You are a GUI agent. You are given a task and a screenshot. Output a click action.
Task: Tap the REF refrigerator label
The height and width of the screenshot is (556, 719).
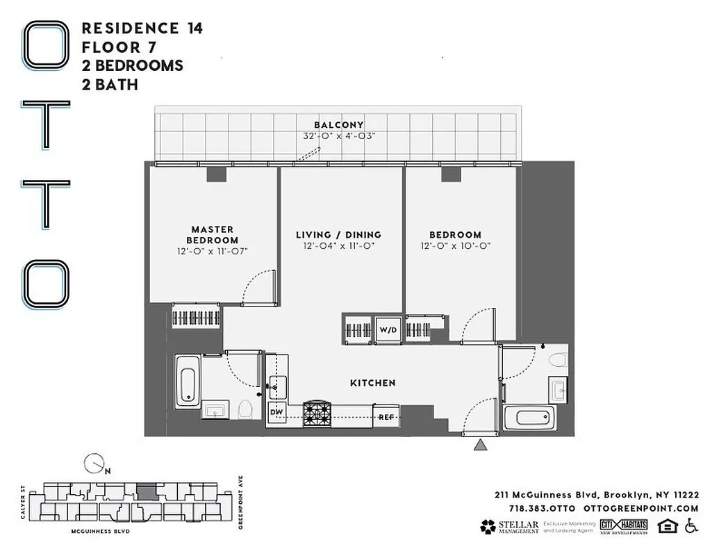pyautogui.click(x=386, y=417)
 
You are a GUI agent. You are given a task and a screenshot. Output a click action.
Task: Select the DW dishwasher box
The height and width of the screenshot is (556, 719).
pyautogui.click(x=276, y=411)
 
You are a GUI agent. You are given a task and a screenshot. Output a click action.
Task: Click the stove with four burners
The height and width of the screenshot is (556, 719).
pyautogui.click(x=318, y=415)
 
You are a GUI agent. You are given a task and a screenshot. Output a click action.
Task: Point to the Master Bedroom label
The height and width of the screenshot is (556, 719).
pyautogui.click(x=213, y=234)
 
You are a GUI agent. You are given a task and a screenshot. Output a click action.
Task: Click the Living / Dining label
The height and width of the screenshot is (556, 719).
pyautogui.click(x=338, y=235)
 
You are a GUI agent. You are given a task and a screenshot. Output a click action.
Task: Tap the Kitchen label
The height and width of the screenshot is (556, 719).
pyautogui.click(x=372, y=383)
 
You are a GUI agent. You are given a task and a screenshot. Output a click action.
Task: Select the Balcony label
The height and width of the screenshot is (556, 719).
pyautogui.click(x=338, y=125)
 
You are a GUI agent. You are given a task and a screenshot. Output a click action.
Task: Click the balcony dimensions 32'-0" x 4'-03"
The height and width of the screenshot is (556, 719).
pyautogui.click(x=339, y=136)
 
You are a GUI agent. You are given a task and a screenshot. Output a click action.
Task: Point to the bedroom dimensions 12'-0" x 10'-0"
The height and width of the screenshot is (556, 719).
pyautogui.click(x=455, y=246)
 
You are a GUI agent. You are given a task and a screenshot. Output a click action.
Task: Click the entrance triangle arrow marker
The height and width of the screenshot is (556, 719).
pyautogui.click(x=479, y=445)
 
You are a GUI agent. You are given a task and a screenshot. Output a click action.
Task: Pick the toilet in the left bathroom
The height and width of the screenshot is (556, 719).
pyautogui.click(x=245, y=409)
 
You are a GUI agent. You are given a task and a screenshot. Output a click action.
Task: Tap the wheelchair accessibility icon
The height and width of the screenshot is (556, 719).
pyautogui.click(x=691, y=526)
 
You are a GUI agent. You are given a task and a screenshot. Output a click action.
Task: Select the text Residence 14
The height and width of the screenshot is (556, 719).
pyautogui.click(x=142, y=28)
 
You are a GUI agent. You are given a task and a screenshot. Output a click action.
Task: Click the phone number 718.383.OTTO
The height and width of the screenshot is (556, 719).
pyautogui.click(x=536, y=509)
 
